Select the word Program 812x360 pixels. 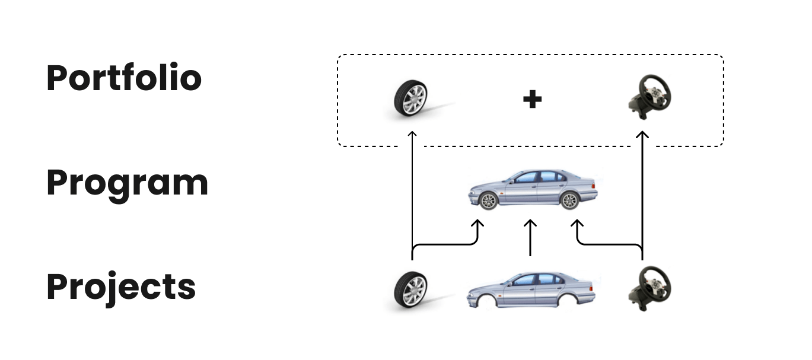pyautogui.click(x=127, y=184)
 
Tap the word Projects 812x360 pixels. pyautogui.click(x=121, y=287)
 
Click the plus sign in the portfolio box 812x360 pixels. pyautogui.click(x=532, y=100)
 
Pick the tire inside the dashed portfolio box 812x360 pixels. pyautogui.click(x=411, y=98)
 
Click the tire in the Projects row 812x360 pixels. pyautogui.click(x=411, y=289)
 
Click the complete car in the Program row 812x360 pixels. pyautogui.click(x=533, y=189)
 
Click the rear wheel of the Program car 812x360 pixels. pyautogui.click(x=569, y=200)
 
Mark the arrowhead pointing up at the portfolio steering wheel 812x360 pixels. pyautogui.click(x=642, y=135)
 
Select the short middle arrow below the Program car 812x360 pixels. pyautogui.click(x=531, y=237)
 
